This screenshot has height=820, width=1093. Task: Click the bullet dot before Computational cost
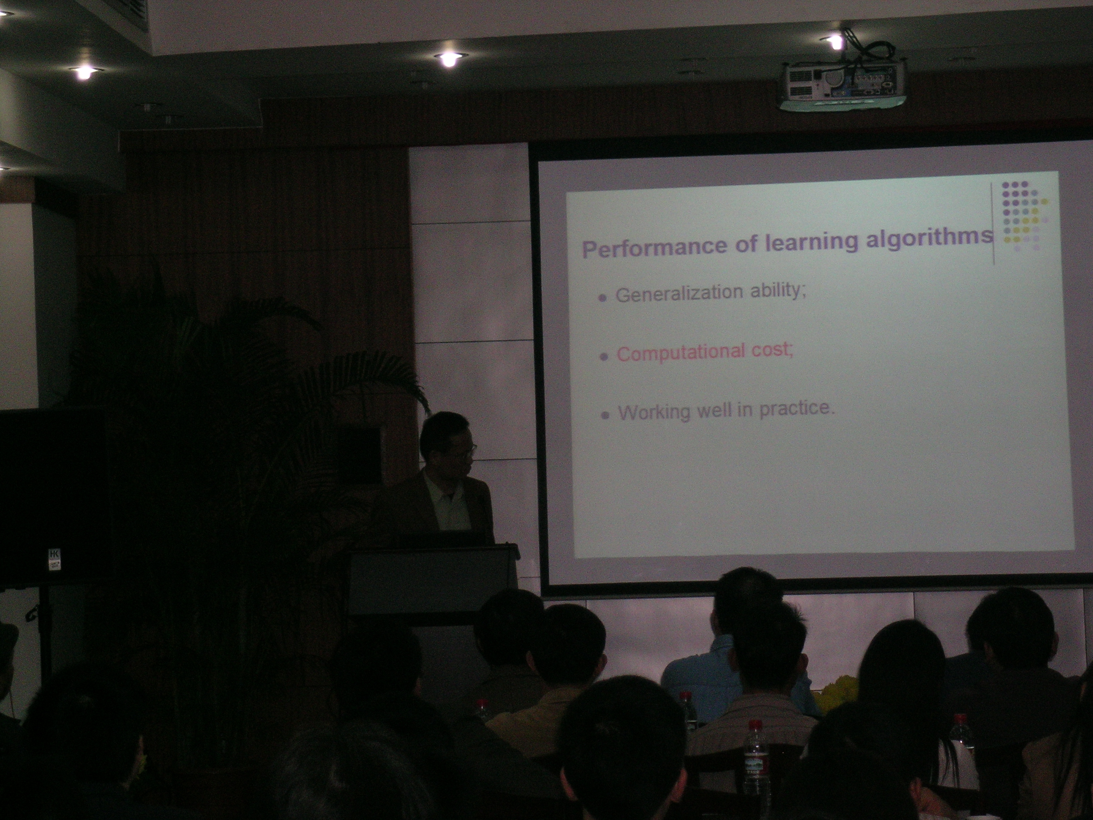(x=603, y=357)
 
